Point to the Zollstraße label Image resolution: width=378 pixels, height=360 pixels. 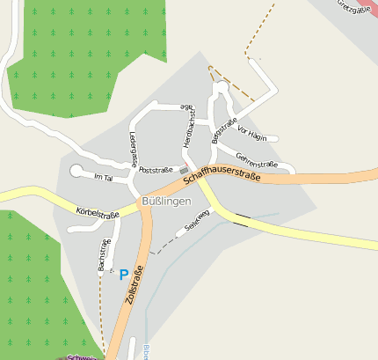tap(134, 286)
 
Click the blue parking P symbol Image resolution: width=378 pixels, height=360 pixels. tap(123, 275)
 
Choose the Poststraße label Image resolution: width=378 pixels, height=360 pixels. tap(156, 169)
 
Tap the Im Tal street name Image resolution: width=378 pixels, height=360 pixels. tap(103, 178)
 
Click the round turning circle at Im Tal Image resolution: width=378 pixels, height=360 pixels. tap(76, 171)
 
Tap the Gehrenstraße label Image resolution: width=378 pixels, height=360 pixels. tap(257, 164)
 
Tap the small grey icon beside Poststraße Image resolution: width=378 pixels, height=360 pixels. tap(184, 170)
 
